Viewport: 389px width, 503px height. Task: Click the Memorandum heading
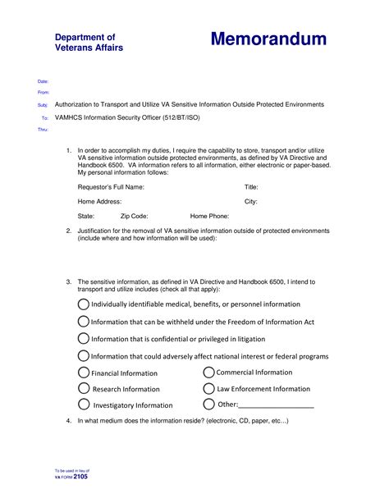point(268,39)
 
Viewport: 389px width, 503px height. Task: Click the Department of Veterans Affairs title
point(89,43)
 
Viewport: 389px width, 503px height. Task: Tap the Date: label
point(43,82)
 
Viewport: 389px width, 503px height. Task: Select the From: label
point(43,94)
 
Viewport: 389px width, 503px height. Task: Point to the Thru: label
point(43,130)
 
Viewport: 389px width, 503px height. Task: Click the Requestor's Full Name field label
point(111,187)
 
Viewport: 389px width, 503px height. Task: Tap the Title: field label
point(252,187)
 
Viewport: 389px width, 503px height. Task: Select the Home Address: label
point(100,201)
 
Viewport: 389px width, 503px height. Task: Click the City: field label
point(251,201)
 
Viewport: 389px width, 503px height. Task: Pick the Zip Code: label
point(134,215)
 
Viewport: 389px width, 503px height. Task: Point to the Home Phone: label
point(209,215)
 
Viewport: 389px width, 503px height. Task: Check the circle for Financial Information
point(84,373)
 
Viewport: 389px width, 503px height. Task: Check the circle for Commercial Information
point(208,372)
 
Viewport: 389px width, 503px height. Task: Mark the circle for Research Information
point(84,388)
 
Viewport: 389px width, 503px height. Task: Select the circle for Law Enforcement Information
point(208,388)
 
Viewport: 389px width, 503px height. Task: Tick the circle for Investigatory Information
point(84,404)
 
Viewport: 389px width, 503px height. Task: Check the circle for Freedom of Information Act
point(84,321)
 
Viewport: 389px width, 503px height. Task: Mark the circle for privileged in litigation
point(84,338)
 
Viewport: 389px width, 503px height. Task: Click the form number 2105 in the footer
point(80,476)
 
